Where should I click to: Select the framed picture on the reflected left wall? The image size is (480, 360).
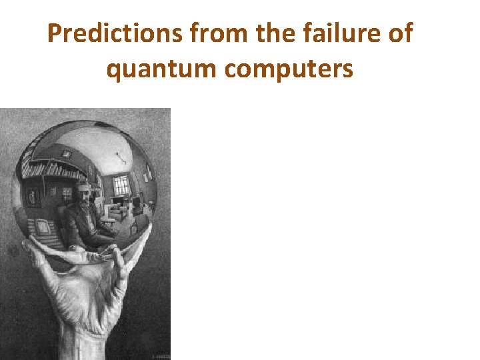click(x=66, y=194)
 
